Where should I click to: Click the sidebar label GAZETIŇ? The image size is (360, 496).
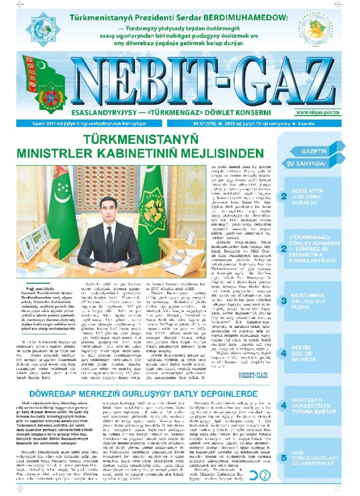pyautogui.click(x=314, y=152)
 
